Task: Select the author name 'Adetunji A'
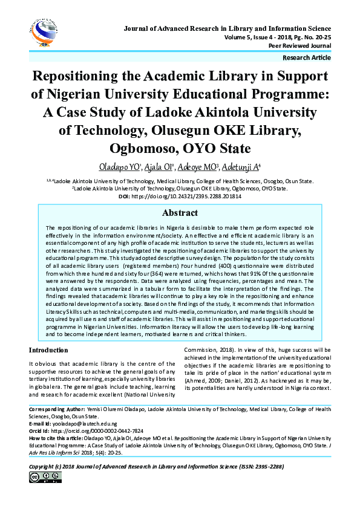[241, 167]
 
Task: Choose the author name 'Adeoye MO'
[199, 167]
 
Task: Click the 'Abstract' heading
[180, 213]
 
